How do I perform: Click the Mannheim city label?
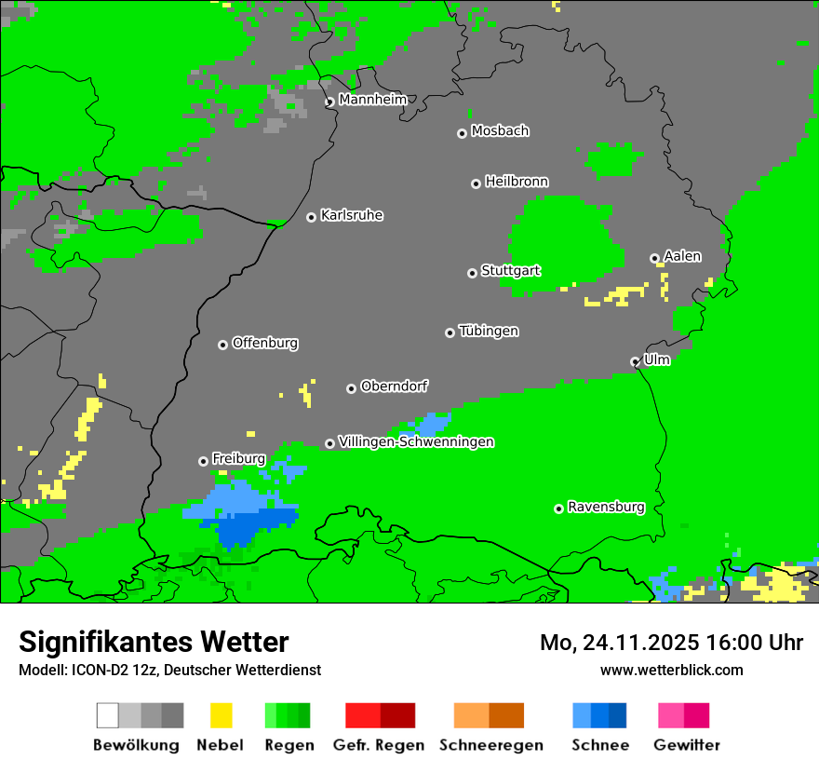pos(372,100)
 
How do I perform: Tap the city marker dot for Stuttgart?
pos(472,273)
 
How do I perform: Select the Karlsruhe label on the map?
pos(352,215)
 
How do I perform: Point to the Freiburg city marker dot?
pos(203,461)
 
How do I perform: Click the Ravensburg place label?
pos(606,508)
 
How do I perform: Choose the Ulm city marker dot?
pos(635,361)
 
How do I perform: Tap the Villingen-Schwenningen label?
pos(416,442)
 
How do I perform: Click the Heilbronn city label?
pos(517,182)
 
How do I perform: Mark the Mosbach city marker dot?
pos(462,133)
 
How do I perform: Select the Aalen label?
pos(682,256)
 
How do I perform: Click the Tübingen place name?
pos(489,332)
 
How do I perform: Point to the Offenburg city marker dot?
pos(222,345)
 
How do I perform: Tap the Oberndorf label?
pos(395,386)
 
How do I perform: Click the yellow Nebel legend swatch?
pos(221,715)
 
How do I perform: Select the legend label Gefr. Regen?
pos(379,745)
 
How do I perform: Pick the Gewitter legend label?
pos(687,745)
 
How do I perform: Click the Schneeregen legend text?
pos(491,745)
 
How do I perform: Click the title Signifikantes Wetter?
pos(154,642)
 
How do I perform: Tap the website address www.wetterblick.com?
pos(671,670)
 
